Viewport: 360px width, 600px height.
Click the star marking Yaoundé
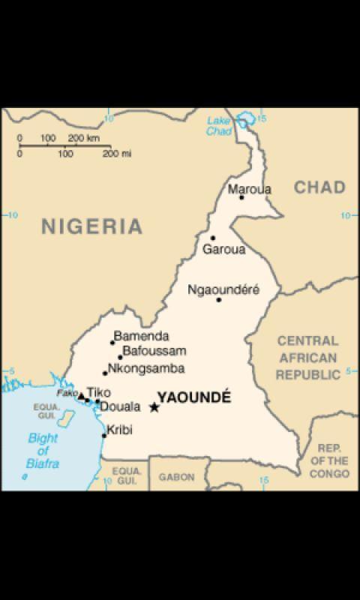point(154,407)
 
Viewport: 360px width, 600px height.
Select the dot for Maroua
point(241,197)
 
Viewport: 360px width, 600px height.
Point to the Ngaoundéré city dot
point(219,299)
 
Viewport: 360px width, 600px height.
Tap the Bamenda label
point(141,337)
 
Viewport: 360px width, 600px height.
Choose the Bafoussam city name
point(154,351)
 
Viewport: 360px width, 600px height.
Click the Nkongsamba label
point(146,368)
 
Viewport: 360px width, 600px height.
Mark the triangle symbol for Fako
point(81,395)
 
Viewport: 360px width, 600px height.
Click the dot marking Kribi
point(104,435)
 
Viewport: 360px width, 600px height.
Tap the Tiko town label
point(98,391)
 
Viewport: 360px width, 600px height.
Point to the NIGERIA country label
point(91,225)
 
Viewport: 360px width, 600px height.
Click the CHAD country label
point(319,187)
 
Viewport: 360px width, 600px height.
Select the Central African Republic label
point(307,358)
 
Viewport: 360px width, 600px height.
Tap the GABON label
point(176,477)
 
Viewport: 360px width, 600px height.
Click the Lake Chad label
point(218,126)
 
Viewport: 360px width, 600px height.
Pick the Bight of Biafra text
point(43,451)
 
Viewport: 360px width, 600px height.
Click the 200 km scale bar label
point(84,138)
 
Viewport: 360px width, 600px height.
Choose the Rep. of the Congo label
point(328,460)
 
